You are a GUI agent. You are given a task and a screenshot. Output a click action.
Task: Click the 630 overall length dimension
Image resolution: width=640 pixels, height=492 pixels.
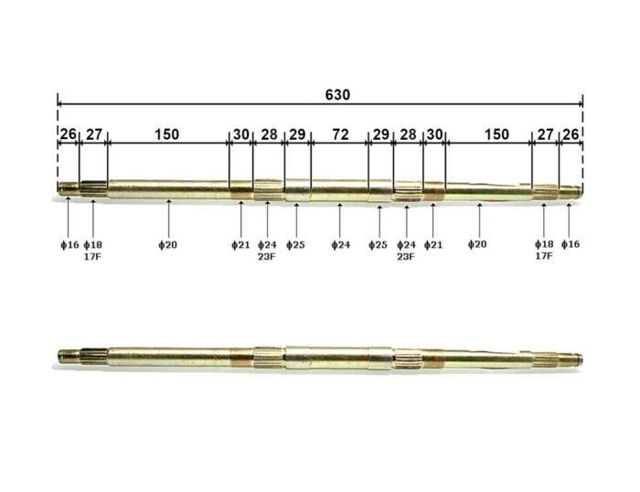click(337, 94)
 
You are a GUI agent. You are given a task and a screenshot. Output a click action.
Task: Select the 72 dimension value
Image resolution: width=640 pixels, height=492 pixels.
click(339, 134)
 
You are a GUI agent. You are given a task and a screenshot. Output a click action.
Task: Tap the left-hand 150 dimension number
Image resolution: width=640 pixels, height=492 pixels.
click(166, 134)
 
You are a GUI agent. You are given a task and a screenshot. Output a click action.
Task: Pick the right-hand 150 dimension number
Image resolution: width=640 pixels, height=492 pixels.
click(496, 134)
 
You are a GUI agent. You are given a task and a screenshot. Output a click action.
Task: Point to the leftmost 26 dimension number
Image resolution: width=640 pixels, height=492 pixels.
click(68, 134)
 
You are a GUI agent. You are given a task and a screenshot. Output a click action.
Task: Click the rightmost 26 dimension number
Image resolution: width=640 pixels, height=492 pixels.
click(571, 134)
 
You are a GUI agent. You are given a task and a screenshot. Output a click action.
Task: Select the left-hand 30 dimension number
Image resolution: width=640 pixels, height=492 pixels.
click(240, 134)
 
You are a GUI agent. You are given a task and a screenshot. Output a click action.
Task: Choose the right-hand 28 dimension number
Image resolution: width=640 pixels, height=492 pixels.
click(408, 134)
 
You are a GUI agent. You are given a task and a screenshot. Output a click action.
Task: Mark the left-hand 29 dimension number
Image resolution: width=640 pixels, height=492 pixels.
click(297, 134)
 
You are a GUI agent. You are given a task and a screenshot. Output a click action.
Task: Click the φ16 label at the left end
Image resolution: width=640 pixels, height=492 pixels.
click(69, 245)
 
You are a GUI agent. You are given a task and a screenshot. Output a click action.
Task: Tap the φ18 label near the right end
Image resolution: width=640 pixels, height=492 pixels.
click(544, 245)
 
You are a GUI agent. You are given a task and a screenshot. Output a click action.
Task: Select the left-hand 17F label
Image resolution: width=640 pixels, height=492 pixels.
click(92, 257)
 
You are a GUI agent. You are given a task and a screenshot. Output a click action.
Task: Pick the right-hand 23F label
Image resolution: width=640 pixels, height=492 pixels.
click(406, 257)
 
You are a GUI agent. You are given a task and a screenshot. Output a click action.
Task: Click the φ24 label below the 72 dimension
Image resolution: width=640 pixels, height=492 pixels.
click(340, 245)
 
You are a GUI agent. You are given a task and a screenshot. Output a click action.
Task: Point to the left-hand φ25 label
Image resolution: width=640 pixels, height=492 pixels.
click(295, 245)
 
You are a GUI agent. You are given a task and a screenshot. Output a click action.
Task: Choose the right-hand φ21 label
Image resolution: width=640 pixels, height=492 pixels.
click(432, 245)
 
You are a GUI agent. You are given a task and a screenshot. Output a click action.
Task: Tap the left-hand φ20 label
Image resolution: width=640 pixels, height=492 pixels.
click(168, 245)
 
